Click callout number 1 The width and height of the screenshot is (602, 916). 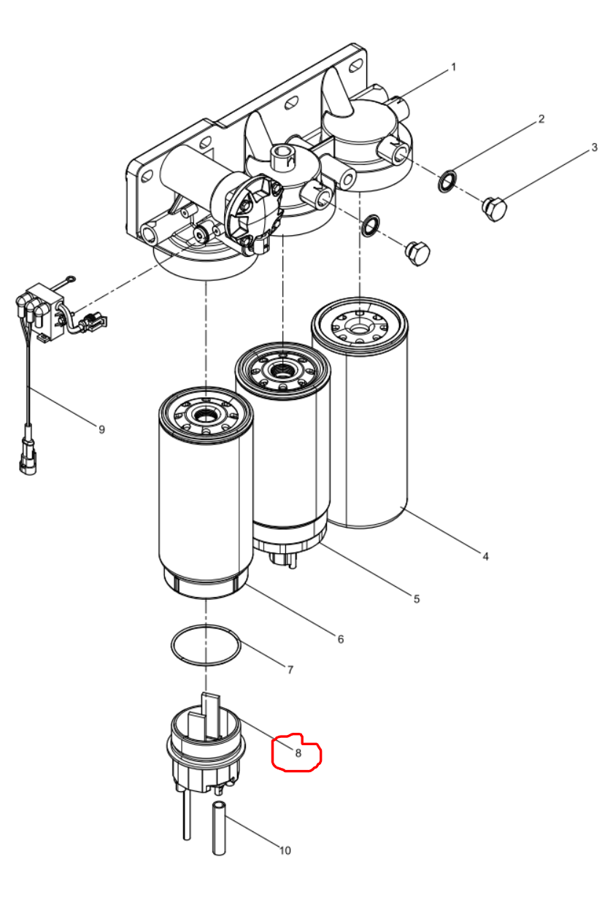pos(453,67)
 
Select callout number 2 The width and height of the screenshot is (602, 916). pos(541,119)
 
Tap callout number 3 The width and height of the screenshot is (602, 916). pos(595,147)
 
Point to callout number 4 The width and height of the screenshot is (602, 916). pos(485,556)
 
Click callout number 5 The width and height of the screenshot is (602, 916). pos(417,599)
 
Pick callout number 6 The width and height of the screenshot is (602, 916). pos(341,639)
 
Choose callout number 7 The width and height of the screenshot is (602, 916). pos(290,670)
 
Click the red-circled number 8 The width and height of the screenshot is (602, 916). pos(298,753)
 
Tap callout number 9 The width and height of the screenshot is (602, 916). pos(101,429)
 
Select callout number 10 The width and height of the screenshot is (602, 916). pos(285,850)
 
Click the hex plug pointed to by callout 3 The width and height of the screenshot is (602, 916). pos(495,209)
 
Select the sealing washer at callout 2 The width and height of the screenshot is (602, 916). pos(447,181)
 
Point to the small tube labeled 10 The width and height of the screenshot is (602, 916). pos(219,828)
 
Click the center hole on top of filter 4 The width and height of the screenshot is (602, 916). pos(359,328)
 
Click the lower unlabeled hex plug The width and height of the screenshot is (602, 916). pos(417,253)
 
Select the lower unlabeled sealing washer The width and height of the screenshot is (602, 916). pos(370,226)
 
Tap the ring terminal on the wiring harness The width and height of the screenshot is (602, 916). pos(72,279)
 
